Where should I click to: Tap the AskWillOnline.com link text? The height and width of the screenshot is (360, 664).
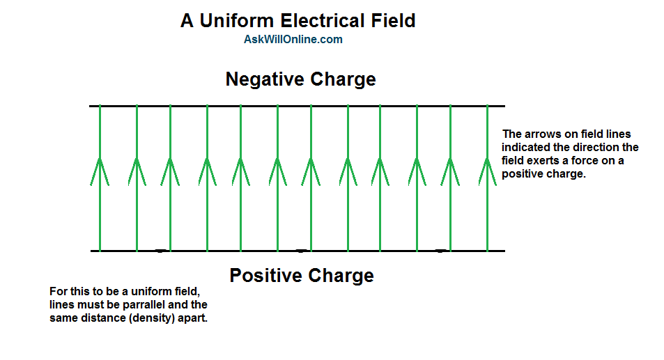click(x=293, y=40)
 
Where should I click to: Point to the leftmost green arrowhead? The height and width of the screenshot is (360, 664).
click(x=100, y=170)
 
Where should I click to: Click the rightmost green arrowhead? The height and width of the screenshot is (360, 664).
click(x=487, y=170)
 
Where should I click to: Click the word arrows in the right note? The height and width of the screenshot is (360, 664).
click(x=542, y=134)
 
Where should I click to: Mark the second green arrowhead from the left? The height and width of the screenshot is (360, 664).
click(x=137, y=170)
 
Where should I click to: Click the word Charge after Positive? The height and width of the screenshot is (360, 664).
click(x=340, y=276)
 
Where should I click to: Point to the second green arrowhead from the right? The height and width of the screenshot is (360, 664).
click(x=451, y=170)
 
